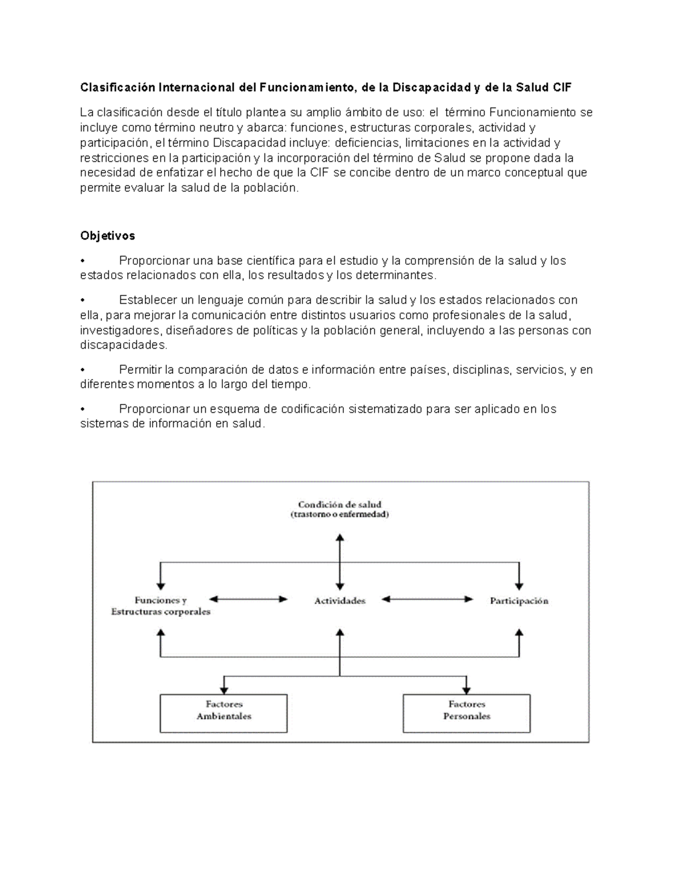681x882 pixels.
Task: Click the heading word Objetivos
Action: tap(107, 236)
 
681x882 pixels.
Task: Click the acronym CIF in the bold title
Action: tap(561, 87)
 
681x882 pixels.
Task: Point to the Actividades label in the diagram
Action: tap(340, 601)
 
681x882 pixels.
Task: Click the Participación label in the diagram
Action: tap(519, 601)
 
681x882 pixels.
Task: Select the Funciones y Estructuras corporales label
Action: tap(161, 606)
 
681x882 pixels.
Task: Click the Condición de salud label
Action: tap(340, 504)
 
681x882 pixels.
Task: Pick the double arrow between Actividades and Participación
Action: tap(427, 599)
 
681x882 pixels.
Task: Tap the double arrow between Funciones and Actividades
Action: tap(249, 599)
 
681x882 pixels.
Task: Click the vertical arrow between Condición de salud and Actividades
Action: tap(340, 562)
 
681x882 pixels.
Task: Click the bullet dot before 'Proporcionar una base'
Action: tap(83, 261)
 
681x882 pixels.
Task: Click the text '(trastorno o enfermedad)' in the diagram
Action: tap(340, 515)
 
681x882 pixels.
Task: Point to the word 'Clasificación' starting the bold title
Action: tap(117, 87)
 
